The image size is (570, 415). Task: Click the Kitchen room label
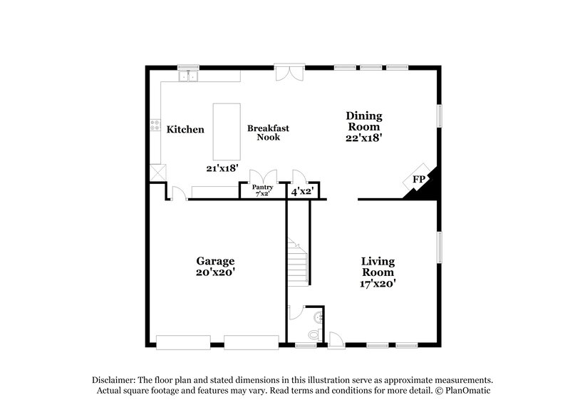point(185,130)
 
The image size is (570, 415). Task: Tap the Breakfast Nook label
point(268,133)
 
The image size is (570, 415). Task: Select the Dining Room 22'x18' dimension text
point(364,139)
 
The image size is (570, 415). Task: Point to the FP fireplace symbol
point(418,179)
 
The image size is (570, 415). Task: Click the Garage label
point(215,261)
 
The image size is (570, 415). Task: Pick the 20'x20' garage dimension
point(215,272)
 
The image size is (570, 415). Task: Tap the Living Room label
point(378,267)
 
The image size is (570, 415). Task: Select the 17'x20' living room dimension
point(378,283)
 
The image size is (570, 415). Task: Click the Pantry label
point(263,187)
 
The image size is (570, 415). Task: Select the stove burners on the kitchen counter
point(154,128)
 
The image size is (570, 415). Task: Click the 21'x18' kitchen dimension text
point(222,168)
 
